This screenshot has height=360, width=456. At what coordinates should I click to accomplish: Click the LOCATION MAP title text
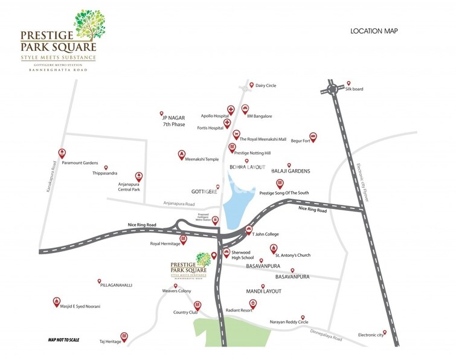[374, 31]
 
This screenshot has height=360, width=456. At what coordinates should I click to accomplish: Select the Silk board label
[362, 89]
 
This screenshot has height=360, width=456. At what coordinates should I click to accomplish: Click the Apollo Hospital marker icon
[231, 110]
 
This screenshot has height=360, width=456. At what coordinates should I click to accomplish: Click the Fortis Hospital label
[210, 128]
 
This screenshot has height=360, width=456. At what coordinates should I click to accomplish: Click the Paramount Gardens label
[79, 163]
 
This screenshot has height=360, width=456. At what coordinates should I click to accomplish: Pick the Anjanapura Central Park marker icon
[138, 176]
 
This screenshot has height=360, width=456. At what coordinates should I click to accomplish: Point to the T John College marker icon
[248, 229]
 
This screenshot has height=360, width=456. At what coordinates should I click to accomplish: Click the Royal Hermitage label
[165, 244]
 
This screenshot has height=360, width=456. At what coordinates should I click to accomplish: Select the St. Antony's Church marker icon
[273, 248]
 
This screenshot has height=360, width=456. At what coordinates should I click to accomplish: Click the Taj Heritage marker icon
[124, 335]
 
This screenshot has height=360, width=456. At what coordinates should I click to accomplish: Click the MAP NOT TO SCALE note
[63, 340]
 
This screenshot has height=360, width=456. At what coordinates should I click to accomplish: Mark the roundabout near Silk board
[332, 89]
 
